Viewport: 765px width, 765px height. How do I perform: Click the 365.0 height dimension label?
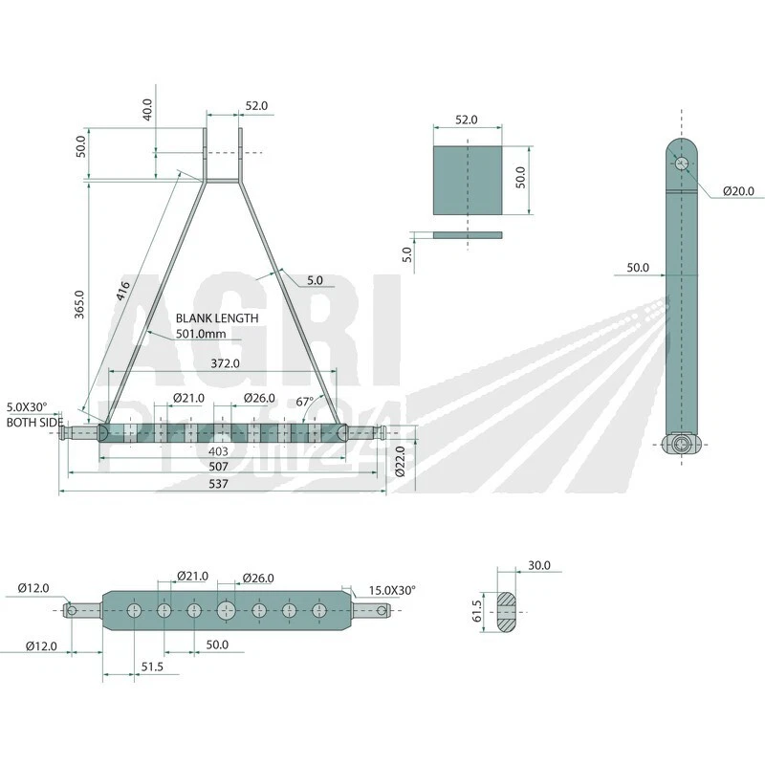[79, 304]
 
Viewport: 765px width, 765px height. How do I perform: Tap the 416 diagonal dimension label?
[123, 291]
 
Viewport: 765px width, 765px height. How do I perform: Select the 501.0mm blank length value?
[201, 334]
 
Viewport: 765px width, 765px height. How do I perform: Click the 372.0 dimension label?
[225, 363]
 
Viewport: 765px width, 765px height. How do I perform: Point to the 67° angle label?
[305, 402]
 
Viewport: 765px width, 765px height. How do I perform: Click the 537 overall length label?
[218, 484]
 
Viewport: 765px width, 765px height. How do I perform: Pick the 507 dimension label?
[218, 467]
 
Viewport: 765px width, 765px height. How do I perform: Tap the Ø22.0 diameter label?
[401, 461]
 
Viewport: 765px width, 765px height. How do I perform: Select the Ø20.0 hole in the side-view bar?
[682, 163]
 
